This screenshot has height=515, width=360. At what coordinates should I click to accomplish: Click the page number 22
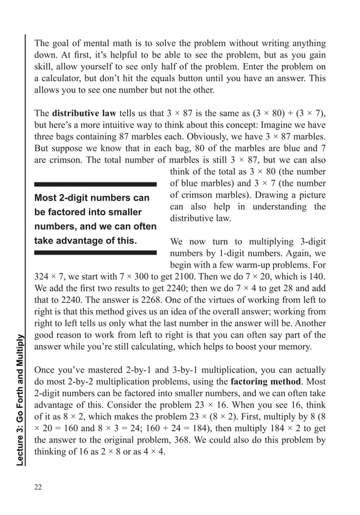(x=38, y=487)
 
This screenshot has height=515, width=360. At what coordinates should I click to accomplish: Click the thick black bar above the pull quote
(x=95, y=185)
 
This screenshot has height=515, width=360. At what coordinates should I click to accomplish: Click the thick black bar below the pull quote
(x=95, y=252)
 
